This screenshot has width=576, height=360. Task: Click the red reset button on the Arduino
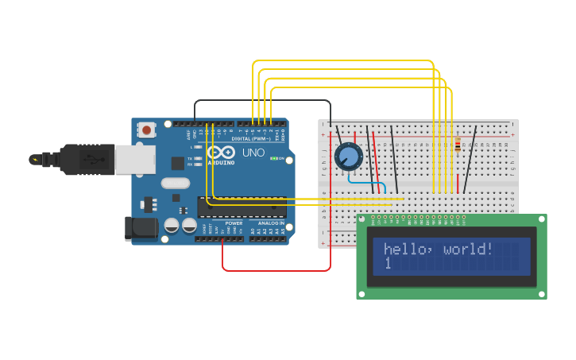pyautogui.click(x=146, y=130)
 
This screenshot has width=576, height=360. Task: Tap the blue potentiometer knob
pyautogui.click(x=348, y=157)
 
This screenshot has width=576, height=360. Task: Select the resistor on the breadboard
pyautogui.click(x=458, y=145)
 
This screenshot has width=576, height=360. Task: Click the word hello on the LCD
pyautogui.click(x=404, y=250)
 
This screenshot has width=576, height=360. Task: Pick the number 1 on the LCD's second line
pyautogui.click(x=388, y=263)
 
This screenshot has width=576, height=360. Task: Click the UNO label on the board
pyautogui.click(x=253, y=153)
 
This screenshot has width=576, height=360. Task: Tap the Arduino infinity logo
pyautogui.click(x=220, y=152)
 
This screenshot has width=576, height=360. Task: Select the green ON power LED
pyautogui.click(x=274, y=158)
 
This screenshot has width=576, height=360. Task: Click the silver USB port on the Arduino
pyautogui.click(x=134, y=160)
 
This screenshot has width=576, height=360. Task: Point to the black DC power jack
pyautogui.click(x=141, y=228)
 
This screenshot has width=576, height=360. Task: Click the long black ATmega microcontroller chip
pyautogui.click(x=242, y=207)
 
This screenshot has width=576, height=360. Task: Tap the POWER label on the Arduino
pyautogui.click(x=234, y=223)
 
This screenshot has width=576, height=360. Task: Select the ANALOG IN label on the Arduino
pyautogui.click(x=271, y=223)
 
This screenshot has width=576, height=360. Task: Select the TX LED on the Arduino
pyautogui.click(x=190, y=158)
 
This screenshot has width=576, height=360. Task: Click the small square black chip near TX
pyautogui.click(x=177, y=163)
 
